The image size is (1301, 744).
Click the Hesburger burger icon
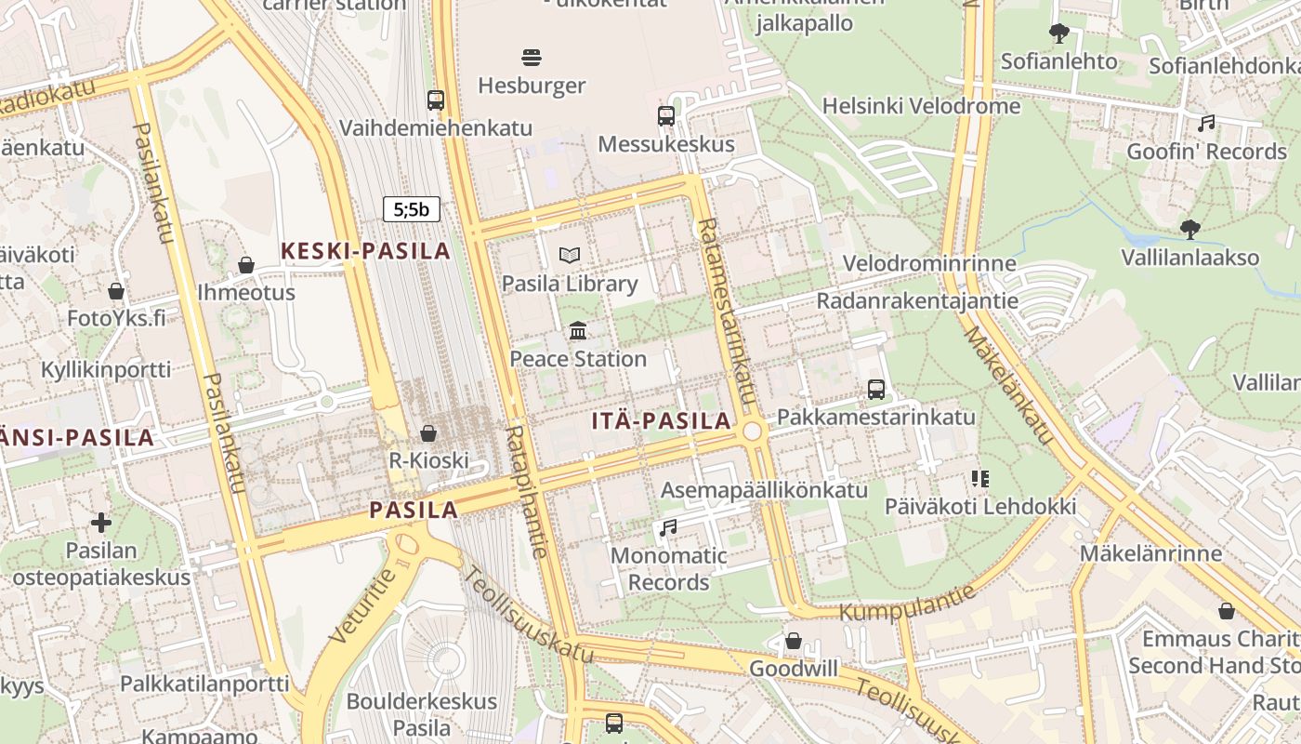point(532,58)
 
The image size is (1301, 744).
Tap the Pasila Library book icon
point(570,255)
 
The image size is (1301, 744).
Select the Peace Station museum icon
point(578,330)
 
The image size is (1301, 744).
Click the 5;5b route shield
point(412,209)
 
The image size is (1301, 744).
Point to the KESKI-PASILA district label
point(365,250)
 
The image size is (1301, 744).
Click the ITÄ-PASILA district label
point(662,420)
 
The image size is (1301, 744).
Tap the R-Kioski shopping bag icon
point(428,433)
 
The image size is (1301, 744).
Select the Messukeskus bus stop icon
point(666,116)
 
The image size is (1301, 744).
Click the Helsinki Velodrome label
point(922,106)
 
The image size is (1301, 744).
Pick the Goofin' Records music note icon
point(1206,123)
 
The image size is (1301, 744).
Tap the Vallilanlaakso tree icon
point(1189,229)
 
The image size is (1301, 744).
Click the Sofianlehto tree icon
point(1058,33)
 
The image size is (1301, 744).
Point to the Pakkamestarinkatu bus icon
point(876,389)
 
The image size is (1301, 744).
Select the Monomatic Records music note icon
point(668,527)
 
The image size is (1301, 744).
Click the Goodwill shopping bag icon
point(794,641)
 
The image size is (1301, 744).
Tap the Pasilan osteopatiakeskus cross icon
point(101,523)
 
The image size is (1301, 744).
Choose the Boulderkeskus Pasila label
point(422,713)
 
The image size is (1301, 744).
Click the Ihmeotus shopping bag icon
point(246,265)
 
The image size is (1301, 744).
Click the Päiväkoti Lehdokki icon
point(980,479)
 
